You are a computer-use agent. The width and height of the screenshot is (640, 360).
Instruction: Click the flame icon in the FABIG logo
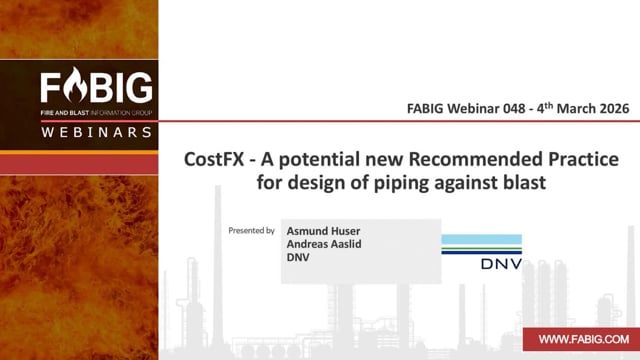point(76,85)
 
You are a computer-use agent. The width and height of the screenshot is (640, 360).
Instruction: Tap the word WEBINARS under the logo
point(97,132)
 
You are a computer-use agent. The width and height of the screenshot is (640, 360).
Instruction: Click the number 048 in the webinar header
point(514,109)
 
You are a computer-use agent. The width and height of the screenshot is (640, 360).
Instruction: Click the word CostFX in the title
point(214,159)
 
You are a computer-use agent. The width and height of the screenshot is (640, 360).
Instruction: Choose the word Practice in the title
point(583,159)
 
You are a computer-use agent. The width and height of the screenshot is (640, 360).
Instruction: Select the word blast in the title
point(525,182)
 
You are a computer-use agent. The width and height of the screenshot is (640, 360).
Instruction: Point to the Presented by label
point(251,231)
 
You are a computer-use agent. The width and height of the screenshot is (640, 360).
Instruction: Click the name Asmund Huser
point(323,231)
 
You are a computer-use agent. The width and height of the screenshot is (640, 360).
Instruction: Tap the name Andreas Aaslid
point(324,244)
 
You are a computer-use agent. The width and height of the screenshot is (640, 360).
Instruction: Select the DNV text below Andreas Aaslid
point(298,258)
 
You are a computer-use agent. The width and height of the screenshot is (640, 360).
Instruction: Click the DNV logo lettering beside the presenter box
point(501,264)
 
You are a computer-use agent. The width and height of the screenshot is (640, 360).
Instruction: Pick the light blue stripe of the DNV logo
point(482,240)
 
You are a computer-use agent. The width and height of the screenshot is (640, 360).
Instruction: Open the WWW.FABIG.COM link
point(584,339)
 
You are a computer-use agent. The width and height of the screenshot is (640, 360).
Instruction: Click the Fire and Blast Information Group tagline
point(96,113)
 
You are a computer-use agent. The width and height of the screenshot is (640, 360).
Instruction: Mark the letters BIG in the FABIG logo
point(121,87)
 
